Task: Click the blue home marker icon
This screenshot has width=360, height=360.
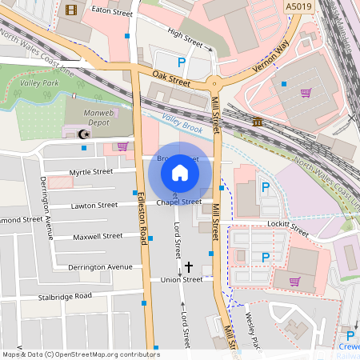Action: point(180,172)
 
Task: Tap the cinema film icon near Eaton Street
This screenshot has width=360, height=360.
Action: point(72,10)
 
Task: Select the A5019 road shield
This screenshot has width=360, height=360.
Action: point(298,6)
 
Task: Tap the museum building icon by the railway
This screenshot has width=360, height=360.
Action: point(258,121)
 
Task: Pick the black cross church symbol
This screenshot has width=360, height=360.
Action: point(189,266)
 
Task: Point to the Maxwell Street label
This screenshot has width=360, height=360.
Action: point(97,237)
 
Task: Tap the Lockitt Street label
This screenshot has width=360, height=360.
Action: point(289,227)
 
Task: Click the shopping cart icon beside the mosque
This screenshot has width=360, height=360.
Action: point(122,146)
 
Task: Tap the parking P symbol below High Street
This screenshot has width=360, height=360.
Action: point(181,62)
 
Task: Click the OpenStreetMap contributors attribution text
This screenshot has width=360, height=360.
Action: point(80,354)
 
